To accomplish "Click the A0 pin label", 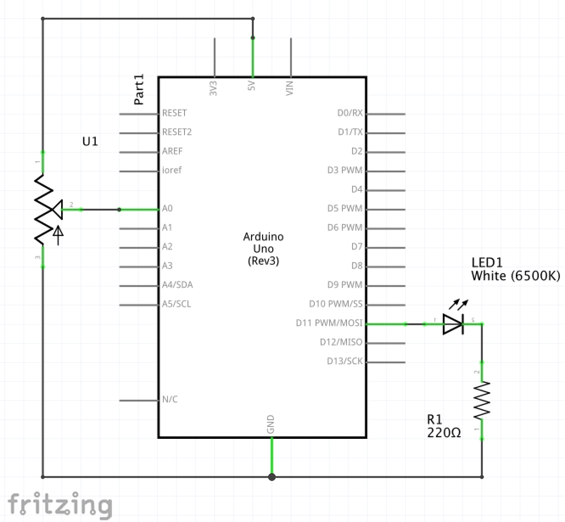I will point(167,208).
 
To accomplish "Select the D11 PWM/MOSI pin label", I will point(329,323).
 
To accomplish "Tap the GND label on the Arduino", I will point(271,424).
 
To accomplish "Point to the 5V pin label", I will point(252,86).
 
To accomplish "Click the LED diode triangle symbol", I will point(453,324).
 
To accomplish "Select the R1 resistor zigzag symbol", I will point(482,400).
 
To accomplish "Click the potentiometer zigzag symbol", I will point(43,210).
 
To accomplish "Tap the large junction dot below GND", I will point(272,477).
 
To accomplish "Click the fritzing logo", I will point(60,505).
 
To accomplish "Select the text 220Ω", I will point(444,433).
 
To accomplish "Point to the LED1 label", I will point(487,262).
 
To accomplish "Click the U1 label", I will point(90,141).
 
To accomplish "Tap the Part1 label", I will point(139,90).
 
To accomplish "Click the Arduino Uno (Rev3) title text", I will point(263,249).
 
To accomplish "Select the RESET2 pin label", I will point(177,132).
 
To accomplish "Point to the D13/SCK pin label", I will point(344,361).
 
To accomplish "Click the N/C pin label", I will point(170,399).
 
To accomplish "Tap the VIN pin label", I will point(290,88).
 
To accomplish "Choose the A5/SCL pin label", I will point(176,304).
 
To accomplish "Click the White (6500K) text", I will point(515,276).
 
